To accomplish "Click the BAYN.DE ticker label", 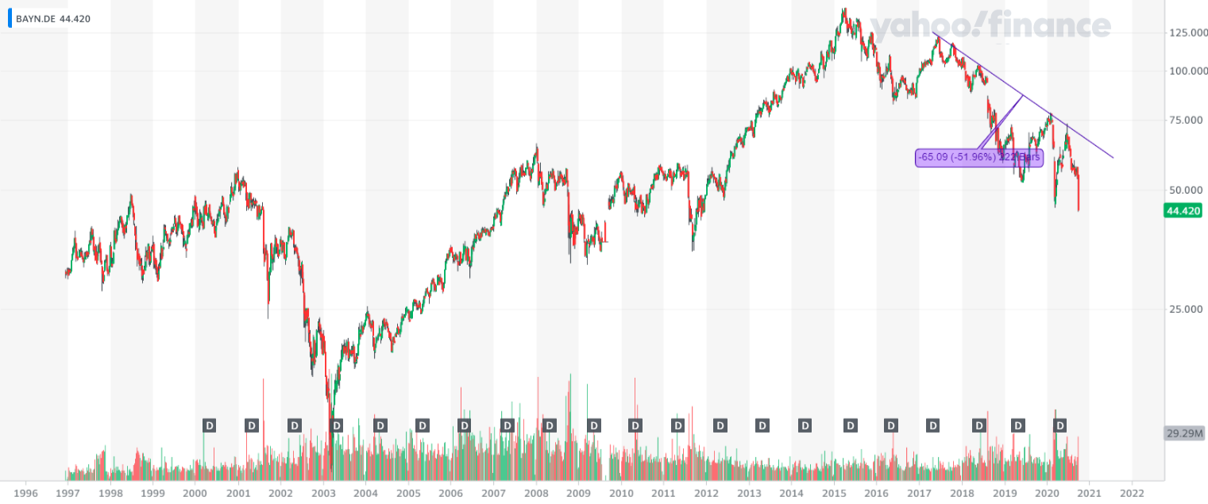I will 36,18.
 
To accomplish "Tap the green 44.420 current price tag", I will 1182,210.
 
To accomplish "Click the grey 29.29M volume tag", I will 1185,433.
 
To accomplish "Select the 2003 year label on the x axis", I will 322,493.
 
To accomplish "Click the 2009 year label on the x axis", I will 578,493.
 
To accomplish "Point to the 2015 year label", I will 833,493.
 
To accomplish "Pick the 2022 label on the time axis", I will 1131,493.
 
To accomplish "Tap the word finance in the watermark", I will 1052,27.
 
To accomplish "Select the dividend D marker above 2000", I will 210,425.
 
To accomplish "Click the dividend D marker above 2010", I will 635,425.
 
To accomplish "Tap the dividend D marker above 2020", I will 1059,425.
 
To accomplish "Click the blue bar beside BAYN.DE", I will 10,18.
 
